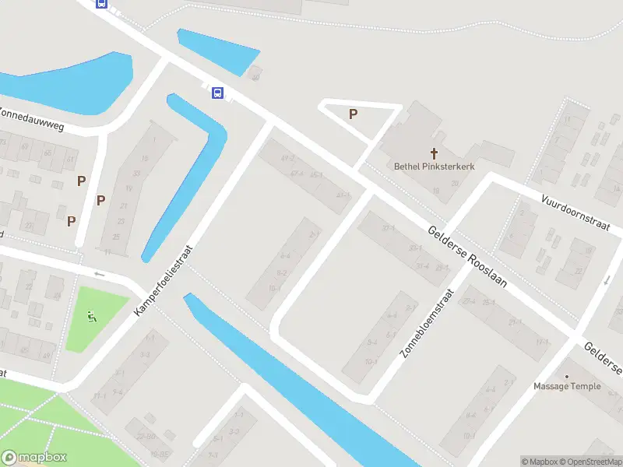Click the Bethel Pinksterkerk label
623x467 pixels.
434,166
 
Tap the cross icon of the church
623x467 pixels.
434,153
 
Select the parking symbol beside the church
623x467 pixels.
353,114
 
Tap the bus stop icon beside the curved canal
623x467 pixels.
217,93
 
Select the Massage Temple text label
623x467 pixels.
567,387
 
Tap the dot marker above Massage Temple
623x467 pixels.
567,376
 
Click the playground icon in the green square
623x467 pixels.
92,316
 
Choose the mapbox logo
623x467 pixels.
33,458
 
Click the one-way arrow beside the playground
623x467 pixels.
99,274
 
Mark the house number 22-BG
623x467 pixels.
146,435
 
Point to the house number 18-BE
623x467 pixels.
160,454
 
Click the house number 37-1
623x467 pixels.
388,228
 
